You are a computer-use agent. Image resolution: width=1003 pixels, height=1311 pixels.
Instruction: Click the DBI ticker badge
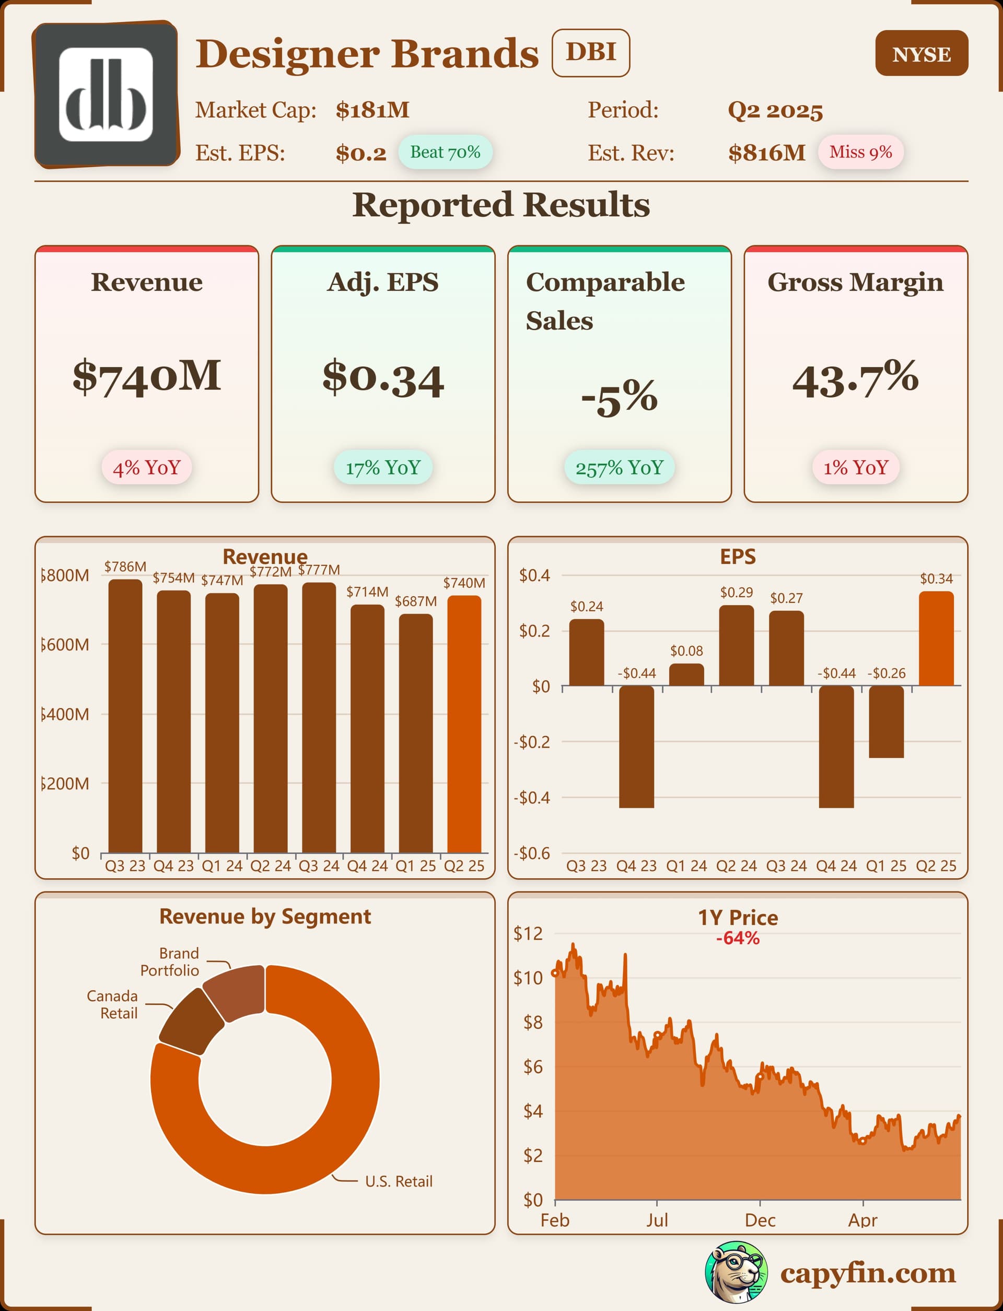tap(590, 53)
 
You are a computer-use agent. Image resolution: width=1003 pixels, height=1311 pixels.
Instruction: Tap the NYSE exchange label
tap(921, 54)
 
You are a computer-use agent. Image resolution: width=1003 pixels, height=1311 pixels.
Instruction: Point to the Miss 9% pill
tap(860, 152)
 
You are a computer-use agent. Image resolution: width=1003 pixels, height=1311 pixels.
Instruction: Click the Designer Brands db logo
tap(106, 95)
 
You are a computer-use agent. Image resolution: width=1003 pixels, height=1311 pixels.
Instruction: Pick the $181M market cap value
tap(372, 110)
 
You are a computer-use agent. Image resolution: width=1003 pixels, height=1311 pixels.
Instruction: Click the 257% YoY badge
tap(619, 468)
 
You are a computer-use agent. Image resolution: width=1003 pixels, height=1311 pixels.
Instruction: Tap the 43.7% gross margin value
tap(855, 379)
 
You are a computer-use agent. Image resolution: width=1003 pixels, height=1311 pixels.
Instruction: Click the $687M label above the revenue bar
tap(415, 601)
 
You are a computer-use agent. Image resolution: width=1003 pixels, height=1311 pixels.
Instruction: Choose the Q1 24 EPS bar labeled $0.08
tap(686, 675)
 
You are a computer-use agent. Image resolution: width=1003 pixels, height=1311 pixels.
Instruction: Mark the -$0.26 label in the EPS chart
tap(887, 674)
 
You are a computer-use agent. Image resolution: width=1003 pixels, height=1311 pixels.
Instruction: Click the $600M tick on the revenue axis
tap(66, 645)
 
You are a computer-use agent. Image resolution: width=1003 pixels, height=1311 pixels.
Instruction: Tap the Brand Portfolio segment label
tap(170, 962)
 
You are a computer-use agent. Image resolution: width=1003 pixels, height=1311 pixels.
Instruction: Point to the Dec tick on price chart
tap(760, 1220)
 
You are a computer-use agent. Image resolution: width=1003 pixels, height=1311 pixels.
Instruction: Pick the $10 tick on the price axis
tap(528, 978)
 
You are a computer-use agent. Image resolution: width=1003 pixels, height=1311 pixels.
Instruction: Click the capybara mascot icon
tap(736, 1272)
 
